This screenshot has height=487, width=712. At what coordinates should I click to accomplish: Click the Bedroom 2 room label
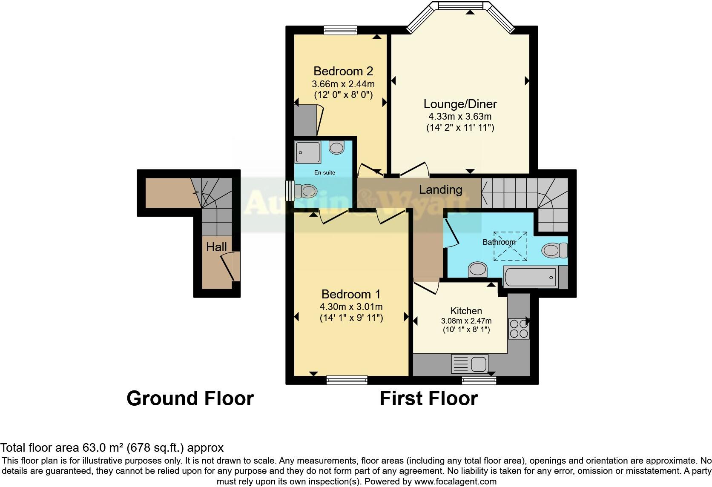point(343,71)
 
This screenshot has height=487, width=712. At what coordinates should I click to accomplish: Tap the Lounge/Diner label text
point(460,104)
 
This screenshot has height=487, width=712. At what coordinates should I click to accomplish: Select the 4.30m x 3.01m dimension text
point(351,307)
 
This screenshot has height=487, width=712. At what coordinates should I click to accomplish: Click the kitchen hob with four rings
point(519,328)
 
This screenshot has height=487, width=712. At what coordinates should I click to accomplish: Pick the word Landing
point(441,189)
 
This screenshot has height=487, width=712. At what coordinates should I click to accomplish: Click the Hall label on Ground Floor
point(216,247)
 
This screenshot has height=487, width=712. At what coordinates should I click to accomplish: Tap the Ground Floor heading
point(190,398)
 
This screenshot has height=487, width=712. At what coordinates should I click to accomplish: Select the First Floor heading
point(428,398)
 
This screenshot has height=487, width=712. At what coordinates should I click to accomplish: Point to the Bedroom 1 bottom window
point(347,380)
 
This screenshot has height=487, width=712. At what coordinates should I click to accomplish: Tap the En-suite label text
point(324,172)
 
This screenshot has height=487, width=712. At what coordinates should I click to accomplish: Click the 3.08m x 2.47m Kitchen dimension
point(466,321)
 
